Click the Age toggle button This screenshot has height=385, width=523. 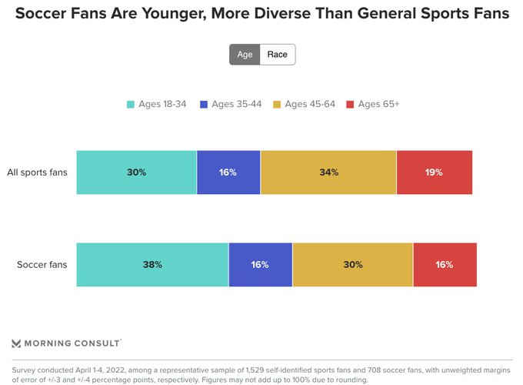pyautogui.click(x=245, y=55)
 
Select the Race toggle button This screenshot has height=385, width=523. pyautogui.click(x=277, y=55)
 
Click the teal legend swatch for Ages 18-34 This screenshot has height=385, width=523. pyautogui.click(x=131, y=105)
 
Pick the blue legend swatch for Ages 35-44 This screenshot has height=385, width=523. pyautogui.click(x=204, y=105)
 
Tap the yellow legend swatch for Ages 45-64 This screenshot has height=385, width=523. pyautogui.click(x=277, y=105)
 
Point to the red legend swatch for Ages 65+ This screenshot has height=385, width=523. pyautogui.click(x=351, y=105)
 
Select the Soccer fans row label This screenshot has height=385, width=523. pyautogui.click(x=42, y=265)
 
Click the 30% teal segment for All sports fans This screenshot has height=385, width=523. pyautogui.click(x=136, y=172)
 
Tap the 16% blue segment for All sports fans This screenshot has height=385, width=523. pyautogui.click(x=228, y=172)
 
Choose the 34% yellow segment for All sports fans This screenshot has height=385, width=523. pyautogui.click(x=328, y=172)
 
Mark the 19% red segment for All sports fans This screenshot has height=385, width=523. pyautogui.click(x=435, y=172)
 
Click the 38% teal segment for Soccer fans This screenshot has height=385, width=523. pyautogui.click(x=152, y=265)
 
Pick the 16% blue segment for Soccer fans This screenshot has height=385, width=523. pyautogui.click(x=260, y=265)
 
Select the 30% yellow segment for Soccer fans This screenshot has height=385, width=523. pyautogui.click(x=352, y=265)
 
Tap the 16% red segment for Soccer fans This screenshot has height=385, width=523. pyautogui.click(x=445, y=265)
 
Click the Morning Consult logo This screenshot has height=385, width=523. pyautogui.click(x=67, y=343)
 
